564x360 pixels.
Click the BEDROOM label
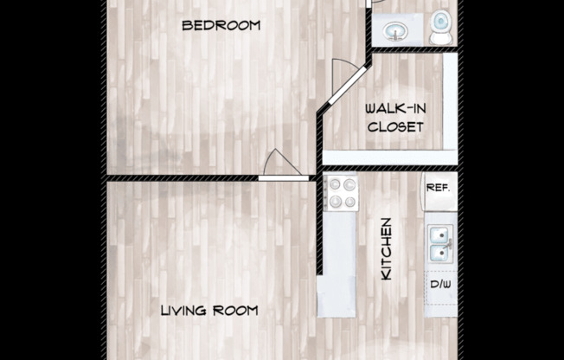[221, 25]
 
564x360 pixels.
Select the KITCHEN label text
[387, 248]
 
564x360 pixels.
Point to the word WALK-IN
[394, 109]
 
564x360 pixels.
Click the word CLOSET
[394, 126]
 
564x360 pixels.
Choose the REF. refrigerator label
[439, 187]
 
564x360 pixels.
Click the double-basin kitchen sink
[439, 244]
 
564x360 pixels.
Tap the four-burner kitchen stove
[340, 193]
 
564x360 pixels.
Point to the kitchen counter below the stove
[337, 260]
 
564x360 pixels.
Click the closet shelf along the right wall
[450, 100]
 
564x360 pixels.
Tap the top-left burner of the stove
[333, 183]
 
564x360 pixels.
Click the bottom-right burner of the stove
[349, 202]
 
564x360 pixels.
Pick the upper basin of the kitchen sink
[439, 234]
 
